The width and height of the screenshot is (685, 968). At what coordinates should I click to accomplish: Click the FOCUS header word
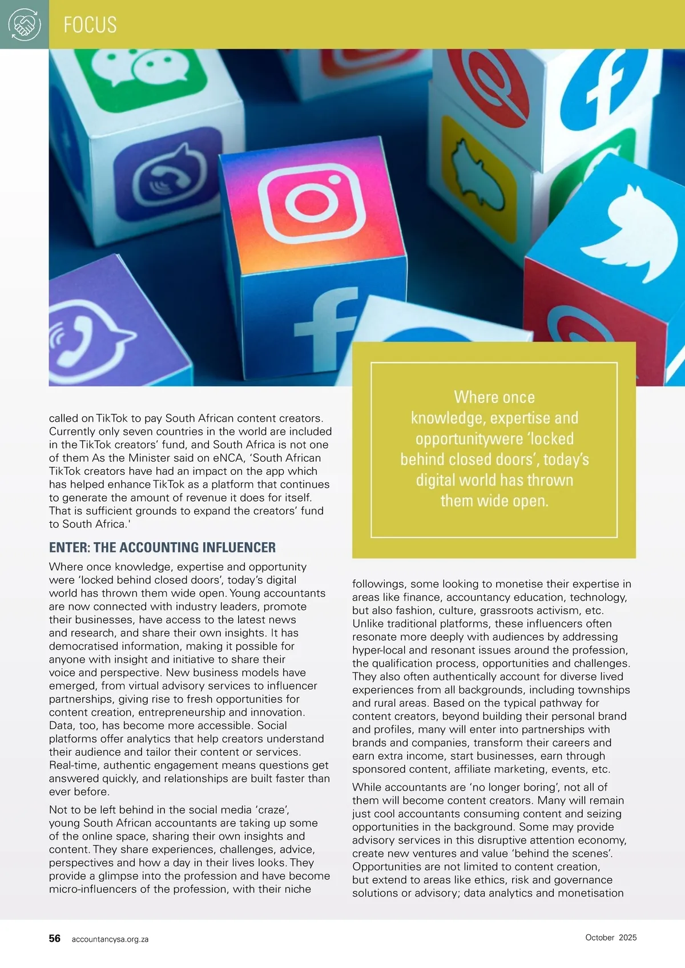(x=90, y=25)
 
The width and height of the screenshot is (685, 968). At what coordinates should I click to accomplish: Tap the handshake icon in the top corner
(x=25, y=25)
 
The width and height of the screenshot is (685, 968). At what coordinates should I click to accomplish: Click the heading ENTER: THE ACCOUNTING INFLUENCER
(x=162, y=547)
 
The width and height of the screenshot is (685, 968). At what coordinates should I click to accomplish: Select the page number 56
(x=55, y=938)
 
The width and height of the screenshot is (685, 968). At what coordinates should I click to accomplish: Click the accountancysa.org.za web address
(x=110, y=939)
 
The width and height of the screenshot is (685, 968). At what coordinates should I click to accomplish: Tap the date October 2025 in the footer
(x=611, y=937)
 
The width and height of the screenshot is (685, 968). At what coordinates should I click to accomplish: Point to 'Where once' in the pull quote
(x=494, y=397)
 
